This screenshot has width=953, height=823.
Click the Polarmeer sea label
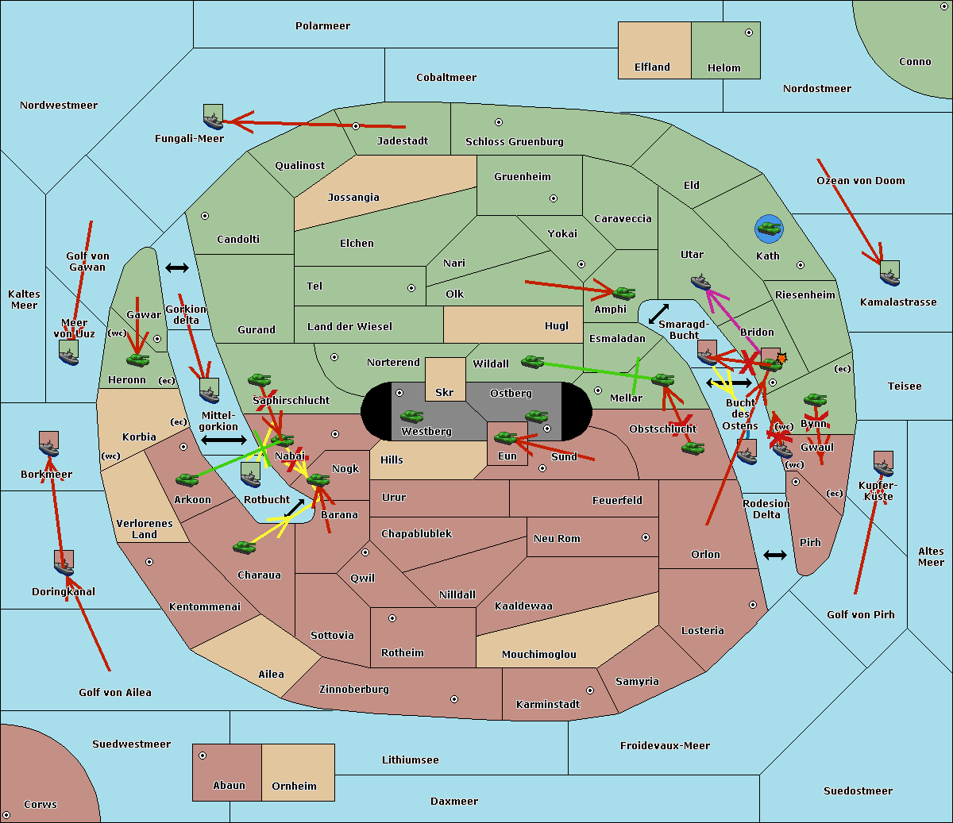click(322, 26)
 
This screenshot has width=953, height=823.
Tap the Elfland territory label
click(652, 67)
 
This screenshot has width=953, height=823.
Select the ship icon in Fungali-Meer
click(213, 117)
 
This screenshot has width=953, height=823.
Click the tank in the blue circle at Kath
click(769, 229)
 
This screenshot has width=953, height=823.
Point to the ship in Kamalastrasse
click(889, 274)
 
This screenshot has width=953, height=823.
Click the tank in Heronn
click(137, 360)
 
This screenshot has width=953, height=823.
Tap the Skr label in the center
click(445, 393)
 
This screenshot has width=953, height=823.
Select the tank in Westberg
click(411, 416)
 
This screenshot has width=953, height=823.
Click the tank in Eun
click(505, 437)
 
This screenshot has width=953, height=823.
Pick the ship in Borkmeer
click(48, 446)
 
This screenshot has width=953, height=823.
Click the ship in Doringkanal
click(64, 564)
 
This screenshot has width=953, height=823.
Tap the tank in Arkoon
click(187, 479)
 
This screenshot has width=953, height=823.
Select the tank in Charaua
click(244, 547)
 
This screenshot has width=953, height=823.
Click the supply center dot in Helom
click(748, 33)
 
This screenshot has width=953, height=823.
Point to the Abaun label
click(229, 786)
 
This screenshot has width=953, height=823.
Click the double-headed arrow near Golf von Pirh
click(774, 555)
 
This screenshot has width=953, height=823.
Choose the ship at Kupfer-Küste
click(883, 465)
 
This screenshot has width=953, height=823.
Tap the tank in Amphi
click(624, 293)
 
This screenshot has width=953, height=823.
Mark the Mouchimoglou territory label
click(538, 655)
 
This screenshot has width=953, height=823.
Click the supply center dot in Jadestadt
click(356, 126)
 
